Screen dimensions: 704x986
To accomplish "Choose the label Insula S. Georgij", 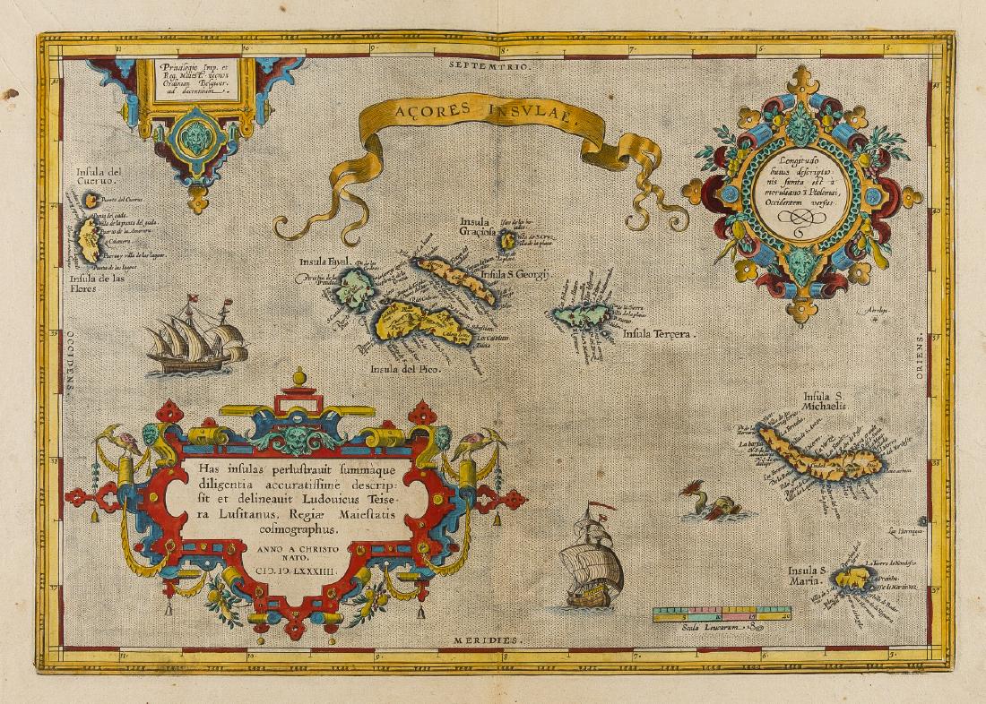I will coord(514,275).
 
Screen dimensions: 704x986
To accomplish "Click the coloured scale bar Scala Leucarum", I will coord(722,614).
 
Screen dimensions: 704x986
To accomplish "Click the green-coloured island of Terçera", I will coord(580,315).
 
